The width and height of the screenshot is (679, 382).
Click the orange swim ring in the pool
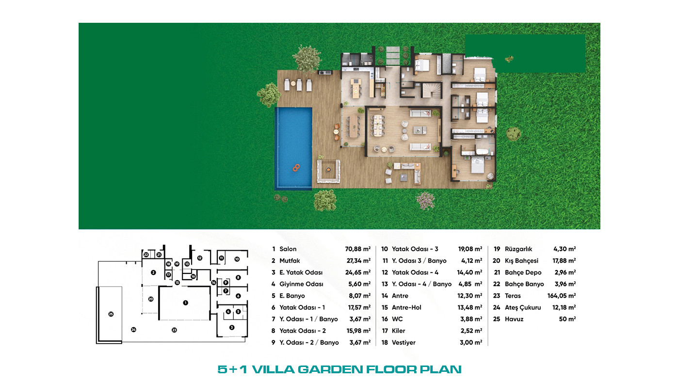(x=296, y=168)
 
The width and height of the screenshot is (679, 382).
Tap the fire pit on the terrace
(x=328, y=170)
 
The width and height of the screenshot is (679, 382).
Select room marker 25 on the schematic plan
(x=111, y=314)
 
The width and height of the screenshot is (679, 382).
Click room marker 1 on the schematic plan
(x=185, y=302)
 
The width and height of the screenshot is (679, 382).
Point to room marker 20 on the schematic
(x=151, y=299)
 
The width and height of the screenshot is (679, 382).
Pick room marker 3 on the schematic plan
(x=232, y=328)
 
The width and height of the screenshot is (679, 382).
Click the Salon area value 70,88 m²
(x=358, y=249)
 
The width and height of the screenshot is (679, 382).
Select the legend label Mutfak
(x=290, y=261)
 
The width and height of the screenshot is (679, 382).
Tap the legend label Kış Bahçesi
(x=522, y=261)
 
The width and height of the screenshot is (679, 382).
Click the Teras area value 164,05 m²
(x=562, y=296)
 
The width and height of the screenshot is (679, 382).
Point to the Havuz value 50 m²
(x=567, y=319)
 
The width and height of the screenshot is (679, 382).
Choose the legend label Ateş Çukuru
(x=523, y=307)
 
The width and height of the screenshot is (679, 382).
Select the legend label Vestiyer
(x=404, y=343)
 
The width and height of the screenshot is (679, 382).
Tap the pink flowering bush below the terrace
(x=426, y=200)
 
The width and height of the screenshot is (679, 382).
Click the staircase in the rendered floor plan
(x=431, y=90)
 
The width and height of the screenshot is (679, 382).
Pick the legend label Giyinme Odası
(x=301, y=284)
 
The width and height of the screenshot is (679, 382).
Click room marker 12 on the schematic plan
(x=200, y=258)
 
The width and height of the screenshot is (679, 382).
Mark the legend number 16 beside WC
(x=385, y=319)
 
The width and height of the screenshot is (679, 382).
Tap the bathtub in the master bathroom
(x=481, y=152)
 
